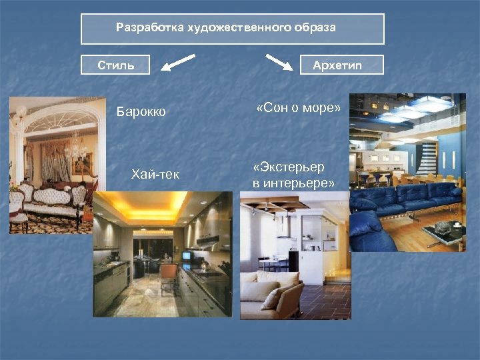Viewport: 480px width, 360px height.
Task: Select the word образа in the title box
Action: click(314, 28)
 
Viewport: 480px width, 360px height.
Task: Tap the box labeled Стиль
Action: click(116, 65)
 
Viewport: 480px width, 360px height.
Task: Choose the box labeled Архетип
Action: click(342, 65)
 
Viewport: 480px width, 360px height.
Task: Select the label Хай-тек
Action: click(155, 175)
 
